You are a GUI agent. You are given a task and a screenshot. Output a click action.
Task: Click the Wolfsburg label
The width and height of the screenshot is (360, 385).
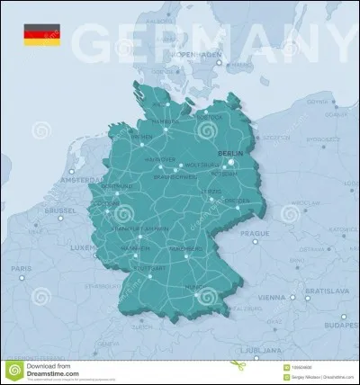(199, 166)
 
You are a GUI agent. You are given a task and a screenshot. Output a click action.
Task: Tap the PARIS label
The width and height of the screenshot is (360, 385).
(20, 269)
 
